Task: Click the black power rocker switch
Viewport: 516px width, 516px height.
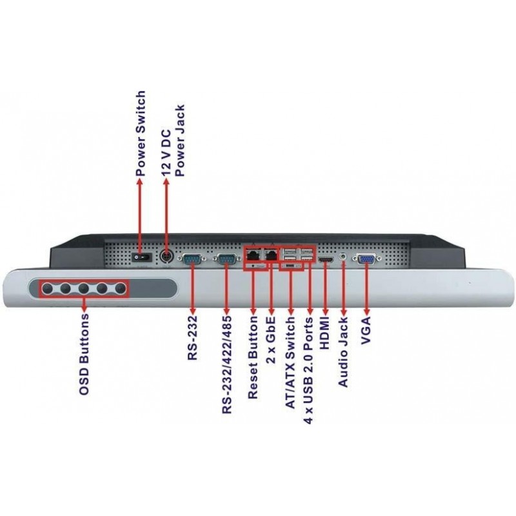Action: pos(143,257)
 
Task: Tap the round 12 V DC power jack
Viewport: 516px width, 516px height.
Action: pos(166,256)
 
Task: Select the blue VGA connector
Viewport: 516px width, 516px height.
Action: pos(366,259)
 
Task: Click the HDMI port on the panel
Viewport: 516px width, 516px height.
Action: pos(326,261)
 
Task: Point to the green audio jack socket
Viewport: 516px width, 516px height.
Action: pos(343,256)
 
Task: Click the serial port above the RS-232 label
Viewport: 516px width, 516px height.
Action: pos(192,260)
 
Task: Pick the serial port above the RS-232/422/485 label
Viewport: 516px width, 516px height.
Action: pos(227,260)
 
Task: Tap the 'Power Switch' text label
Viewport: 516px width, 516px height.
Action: pos(141,134)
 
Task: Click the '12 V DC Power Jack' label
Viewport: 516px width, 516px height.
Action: pos(174,141)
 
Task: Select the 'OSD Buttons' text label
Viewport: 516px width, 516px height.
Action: pos(84,354)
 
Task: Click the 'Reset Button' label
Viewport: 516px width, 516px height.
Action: pos(253,357)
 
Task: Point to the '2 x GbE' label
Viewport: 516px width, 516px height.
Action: pos(270,340)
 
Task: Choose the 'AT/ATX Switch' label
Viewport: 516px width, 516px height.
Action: pos(290,362)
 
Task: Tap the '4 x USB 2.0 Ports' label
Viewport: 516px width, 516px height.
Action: pos(308,370)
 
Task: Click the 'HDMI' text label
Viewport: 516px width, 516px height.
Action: pos(324,333)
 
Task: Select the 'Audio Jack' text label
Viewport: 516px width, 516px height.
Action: pos(343,352)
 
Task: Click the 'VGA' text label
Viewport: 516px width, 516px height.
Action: pos(366,330)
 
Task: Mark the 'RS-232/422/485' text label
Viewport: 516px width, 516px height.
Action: pos(227,364)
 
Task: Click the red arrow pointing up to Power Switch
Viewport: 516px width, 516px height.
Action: pos(140,217)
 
